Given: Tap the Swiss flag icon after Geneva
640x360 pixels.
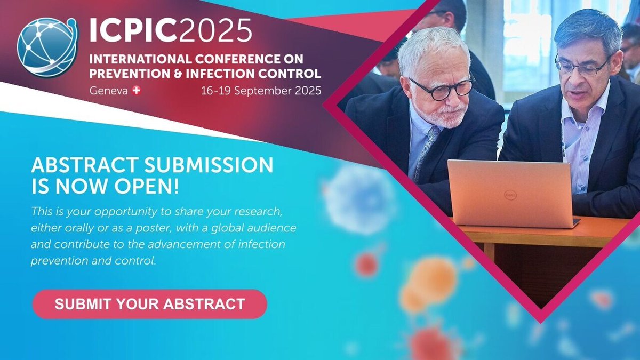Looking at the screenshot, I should (136, 91).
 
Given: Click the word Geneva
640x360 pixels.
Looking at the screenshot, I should (108, 91).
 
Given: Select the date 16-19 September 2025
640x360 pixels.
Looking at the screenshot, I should (261, 91).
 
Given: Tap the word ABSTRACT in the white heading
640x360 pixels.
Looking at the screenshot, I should (81, 165).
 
